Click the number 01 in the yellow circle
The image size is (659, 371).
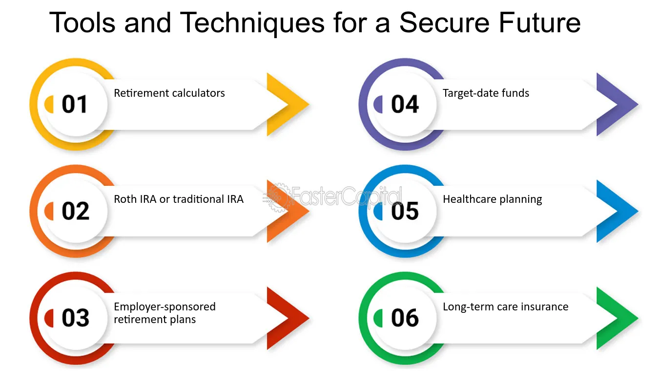74,104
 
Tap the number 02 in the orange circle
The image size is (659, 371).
75,211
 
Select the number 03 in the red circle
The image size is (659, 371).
75,318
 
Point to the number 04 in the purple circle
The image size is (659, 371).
405,104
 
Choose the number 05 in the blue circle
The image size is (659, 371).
405,211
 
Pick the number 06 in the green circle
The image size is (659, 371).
405,318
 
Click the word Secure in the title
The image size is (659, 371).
444,22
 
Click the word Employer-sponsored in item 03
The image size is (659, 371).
165,307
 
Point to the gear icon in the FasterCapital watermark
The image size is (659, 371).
278,197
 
